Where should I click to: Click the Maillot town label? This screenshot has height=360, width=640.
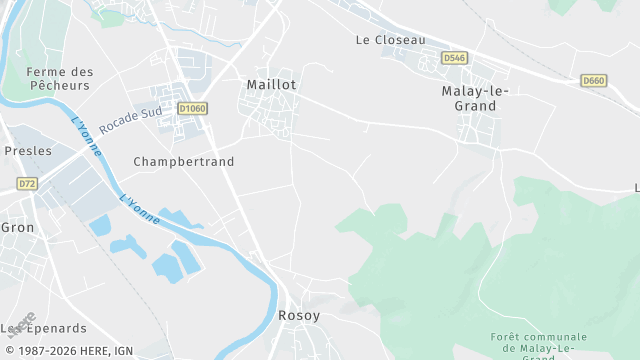point(271,86)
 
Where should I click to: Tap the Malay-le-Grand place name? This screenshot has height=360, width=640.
point(475,97)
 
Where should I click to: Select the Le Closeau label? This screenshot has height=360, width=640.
point(390,40)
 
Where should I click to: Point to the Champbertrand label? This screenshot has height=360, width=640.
point(183,161)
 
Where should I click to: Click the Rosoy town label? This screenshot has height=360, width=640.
point(299,316)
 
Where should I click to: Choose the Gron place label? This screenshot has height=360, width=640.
point(17,228)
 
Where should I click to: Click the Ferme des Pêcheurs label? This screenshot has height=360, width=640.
point(59,78)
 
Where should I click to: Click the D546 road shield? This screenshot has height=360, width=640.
point(454,58)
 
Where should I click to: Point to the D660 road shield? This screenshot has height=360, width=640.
point(593,80)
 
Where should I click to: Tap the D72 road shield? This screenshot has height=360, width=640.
point(26,184)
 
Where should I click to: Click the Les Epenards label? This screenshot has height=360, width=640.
point(44,328)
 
